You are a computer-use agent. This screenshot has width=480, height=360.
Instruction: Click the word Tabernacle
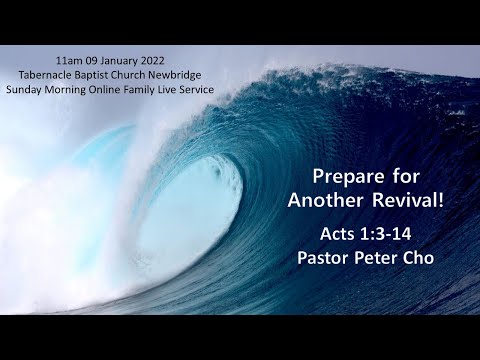coord(63,74)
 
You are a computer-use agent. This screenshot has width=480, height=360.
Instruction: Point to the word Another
coord(321,200)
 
